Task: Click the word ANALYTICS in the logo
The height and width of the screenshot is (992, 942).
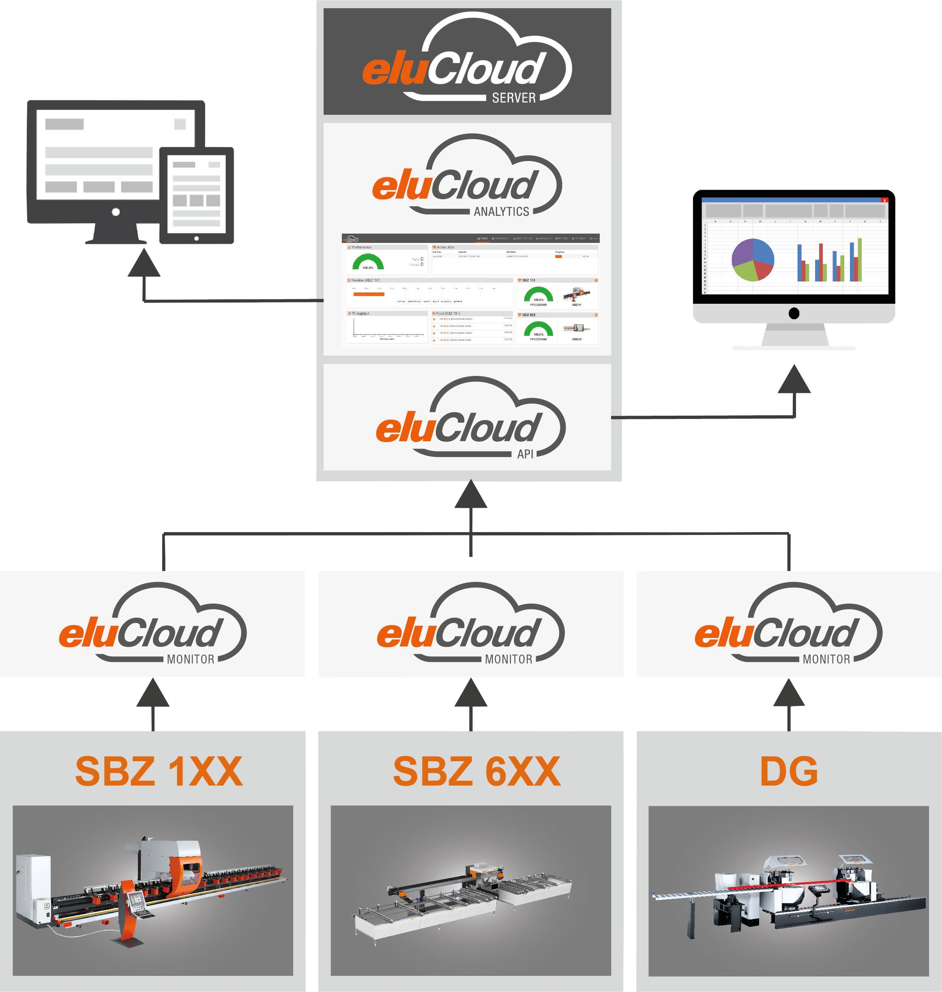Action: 501,211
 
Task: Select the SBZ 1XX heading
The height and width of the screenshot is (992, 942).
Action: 159,771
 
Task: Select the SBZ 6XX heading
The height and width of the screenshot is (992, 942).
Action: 476,771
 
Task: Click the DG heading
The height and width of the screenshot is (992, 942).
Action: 788,771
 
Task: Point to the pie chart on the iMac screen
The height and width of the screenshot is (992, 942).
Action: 752,260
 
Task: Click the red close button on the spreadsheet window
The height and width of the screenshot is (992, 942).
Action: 884,200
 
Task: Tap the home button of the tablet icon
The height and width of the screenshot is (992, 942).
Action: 196,238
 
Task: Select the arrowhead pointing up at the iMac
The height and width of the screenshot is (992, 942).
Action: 794,380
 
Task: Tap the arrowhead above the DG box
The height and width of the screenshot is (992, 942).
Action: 788,693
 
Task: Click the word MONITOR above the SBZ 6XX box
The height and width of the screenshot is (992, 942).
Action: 508,659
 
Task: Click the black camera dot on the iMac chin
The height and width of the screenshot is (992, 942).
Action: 794,313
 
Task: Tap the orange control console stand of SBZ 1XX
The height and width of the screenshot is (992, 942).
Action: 128,914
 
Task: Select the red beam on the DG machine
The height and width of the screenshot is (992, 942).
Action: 788,885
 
